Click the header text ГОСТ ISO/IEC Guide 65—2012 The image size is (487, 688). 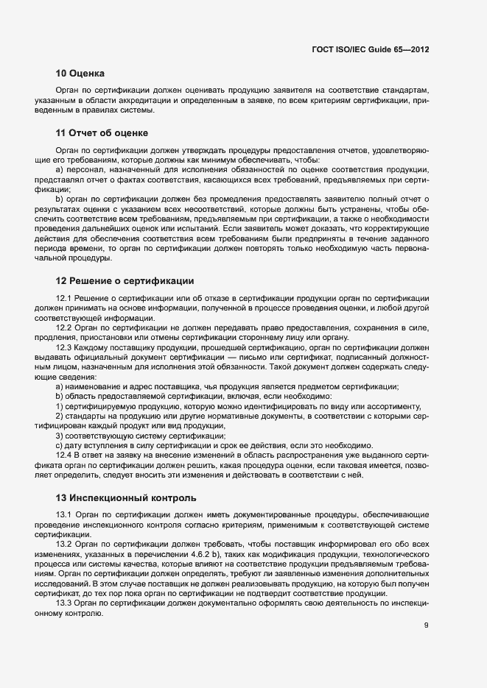tap(371, 49)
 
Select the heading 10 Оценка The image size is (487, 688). tap(80, 73)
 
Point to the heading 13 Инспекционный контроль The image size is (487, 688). tap(126, 497)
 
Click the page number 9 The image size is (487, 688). tap(426, 626)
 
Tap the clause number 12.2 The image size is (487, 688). tap(63, 326)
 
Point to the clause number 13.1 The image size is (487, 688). tap(63, 514)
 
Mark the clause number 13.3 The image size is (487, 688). tap(63, 603)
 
